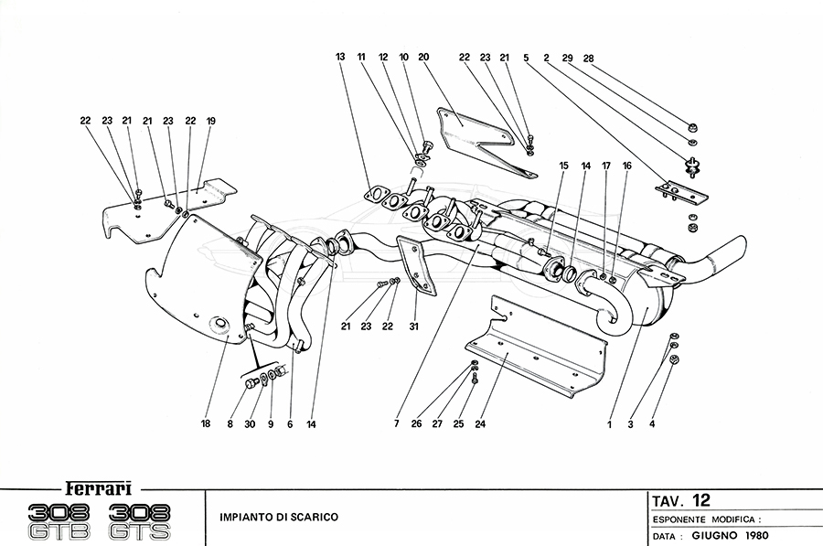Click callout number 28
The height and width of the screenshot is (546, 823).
(x=589, y=58)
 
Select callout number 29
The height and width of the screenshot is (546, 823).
(x=568, y=58)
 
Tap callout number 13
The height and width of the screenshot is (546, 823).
(x=340, y=58)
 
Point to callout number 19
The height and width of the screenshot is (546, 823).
(x=210, y=121)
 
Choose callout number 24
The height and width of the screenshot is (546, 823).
(x=479, y=424)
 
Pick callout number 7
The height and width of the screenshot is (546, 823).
(x=397, y=424)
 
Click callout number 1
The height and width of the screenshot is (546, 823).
(x=608, y=424)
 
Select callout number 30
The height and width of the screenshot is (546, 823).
(x=251, y=424)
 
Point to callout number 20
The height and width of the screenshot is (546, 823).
(x=423, y=58)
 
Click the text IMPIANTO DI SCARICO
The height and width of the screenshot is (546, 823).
(x=279, y=517)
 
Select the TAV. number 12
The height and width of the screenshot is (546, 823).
(x=700, y=499)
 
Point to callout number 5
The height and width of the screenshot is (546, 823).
(x=527, y=58)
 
